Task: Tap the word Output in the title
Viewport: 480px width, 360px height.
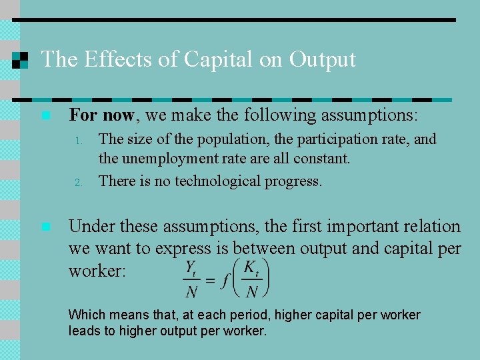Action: tap(323, 59)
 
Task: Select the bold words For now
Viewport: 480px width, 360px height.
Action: tap(102, 115)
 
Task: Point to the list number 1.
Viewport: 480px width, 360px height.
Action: tap(78, 141)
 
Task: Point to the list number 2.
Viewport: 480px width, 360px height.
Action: tap(78, 182)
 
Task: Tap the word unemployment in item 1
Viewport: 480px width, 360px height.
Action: tap(159, 159)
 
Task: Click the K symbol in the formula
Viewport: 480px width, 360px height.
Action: tap(249, 267)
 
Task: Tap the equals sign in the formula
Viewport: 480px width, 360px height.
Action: tap(210, 280)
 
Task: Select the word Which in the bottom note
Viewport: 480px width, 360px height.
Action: tap(85, 315)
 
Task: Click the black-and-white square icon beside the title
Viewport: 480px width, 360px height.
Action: tap(21, 59)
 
